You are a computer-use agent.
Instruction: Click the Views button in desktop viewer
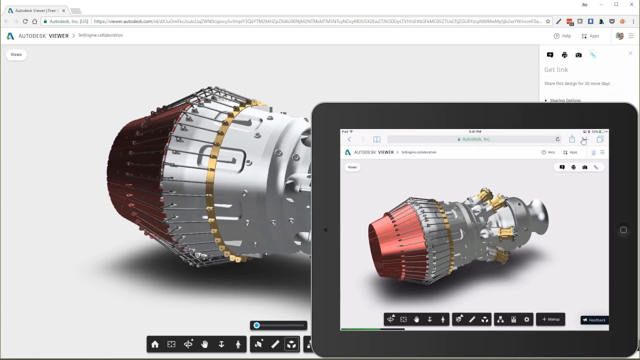pyautogui.click(x=16, y=54)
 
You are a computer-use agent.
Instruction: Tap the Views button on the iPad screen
pyautogui.click(x=352, y=167)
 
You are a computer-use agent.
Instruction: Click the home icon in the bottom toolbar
pyautogui.click(x=155, y=344)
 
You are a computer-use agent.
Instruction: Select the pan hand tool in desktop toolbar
pyautogui.click(x=204, y=344)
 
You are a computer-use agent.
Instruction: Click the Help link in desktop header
pyautogui.click(x=562, y=36)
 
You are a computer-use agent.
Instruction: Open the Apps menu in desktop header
pyautogui.click(x=590, y=36)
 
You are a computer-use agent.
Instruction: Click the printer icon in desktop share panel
pyautogui.click(x=564, y=55)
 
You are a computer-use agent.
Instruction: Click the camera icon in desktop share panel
pyautogui.click(x=578, y=55)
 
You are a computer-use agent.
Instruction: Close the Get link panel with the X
pyautogui.click(x=630, y=53)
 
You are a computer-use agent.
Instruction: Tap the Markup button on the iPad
pyautogui.click(x=550, y=319)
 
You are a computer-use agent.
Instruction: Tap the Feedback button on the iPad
pyautogui.click(x=594, y=320)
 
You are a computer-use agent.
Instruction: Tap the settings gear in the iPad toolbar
pyautogui.click(x=526, y=319)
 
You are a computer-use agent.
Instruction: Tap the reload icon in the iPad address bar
pyautogui.click(x=557, y=139)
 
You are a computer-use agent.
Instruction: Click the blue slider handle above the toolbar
pyautogui.click(x=256, y=325)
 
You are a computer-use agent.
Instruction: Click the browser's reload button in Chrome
pyautogui.click(x=25, y=21)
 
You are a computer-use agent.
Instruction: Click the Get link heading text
pyautogui.click(x=556, y=69)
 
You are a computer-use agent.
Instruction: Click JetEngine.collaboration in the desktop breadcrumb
pyautogui.click(x=100, y=35)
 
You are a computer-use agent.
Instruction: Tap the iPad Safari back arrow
pyautogui.click(x=349, y=139)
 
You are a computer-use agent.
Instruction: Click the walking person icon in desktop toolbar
pyautogui.click(x=238, y=344)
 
